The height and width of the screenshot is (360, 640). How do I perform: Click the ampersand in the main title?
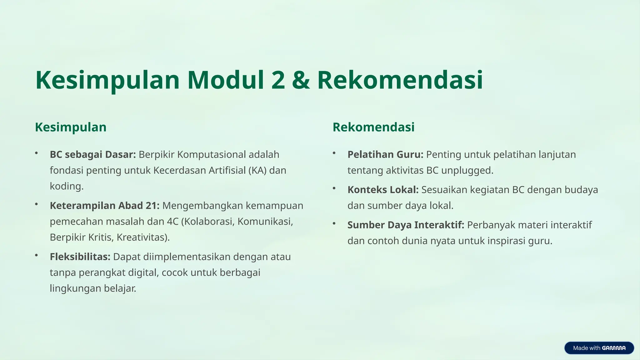(301, 80)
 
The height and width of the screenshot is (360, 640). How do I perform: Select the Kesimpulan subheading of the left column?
(71, 127)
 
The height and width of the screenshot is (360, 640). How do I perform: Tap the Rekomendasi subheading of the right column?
(373, 127)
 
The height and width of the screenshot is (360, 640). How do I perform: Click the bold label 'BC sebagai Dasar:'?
(93, 154)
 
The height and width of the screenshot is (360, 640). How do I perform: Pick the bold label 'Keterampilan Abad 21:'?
(105, 206)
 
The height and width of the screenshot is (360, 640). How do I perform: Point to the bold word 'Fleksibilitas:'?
(80, 257)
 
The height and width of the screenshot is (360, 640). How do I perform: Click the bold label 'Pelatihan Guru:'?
(385, 154)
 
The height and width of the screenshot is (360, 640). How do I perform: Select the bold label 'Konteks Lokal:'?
(383, 190)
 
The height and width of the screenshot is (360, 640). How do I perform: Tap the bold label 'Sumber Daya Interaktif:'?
(406, 225)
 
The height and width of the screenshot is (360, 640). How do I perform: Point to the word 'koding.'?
(67, 186)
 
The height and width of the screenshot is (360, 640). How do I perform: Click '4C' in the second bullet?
(172, 222)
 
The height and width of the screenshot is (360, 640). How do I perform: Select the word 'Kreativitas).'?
(143, 237)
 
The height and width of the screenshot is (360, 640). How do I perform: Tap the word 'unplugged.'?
(467, 170)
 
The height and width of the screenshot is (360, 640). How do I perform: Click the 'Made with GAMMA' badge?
(599, 348)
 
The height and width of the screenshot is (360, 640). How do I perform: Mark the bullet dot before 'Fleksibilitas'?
(37, 256)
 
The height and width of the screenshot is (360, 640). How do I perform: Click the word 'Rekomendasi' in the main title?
(400, 80)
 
